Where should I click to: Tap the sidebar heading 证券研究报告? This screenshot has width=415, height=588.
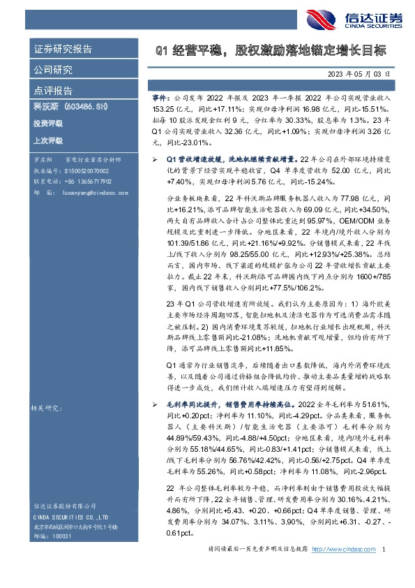(x=63, y=50)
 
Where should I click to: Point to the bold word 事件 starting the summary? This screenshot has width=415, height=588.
(x=160, y=100)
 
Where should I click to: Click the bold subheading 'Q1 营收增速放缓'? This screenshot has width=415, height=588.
(x=197, y=160)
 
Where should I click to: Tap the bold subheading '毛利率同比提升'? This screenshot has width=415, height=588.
(x=194, y=405)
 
